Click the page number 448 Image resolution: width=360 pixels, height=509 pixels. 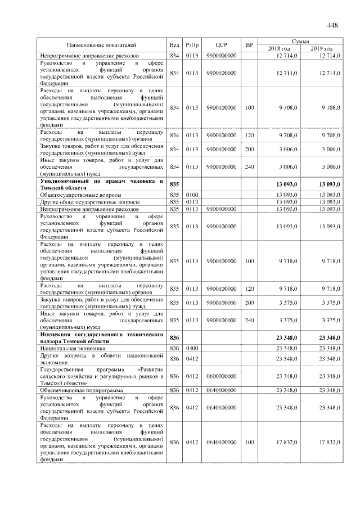click(x=332, y=25)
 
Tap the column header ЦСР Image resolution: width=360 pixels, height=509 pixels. click(x=221, y=45)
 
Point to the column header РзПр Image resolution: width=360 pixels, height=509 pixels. click(x=192, y=45)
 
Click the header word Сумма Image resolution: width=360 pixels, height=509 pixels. click(x=303, y=42)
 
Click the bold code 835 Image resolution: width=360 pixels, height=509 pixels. click(x=174, y=184)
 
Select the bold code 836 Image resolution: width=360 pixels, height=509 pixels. click(x=174, y=337)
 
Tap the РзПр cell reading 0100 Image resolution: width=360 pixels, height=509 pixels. click(x=192, y=194)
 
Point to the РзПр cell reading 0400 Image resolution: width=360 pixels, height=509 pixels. click(x=192, y=349)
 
